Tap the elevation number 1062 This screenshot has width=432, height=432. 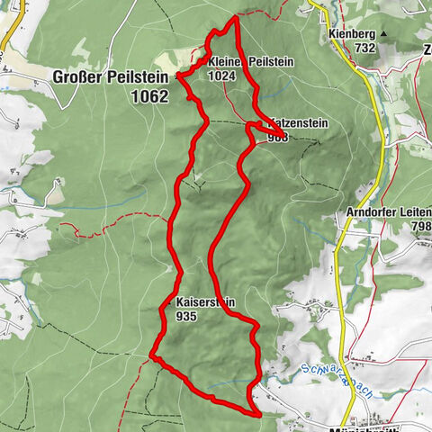click(148, 95)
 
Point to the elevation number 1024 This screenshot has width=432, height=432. click(220, 76)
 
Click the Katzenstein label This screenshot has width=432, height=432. click(293, 122)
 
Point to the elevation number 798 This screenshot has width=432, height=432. click(420, 226)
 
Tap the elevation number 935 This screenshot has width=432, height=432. click(187, 317)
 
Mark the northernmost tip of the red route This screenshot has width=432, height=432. click(236, 17)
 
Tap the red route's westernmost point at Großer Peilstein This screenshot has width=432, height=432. click(178, 75)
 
